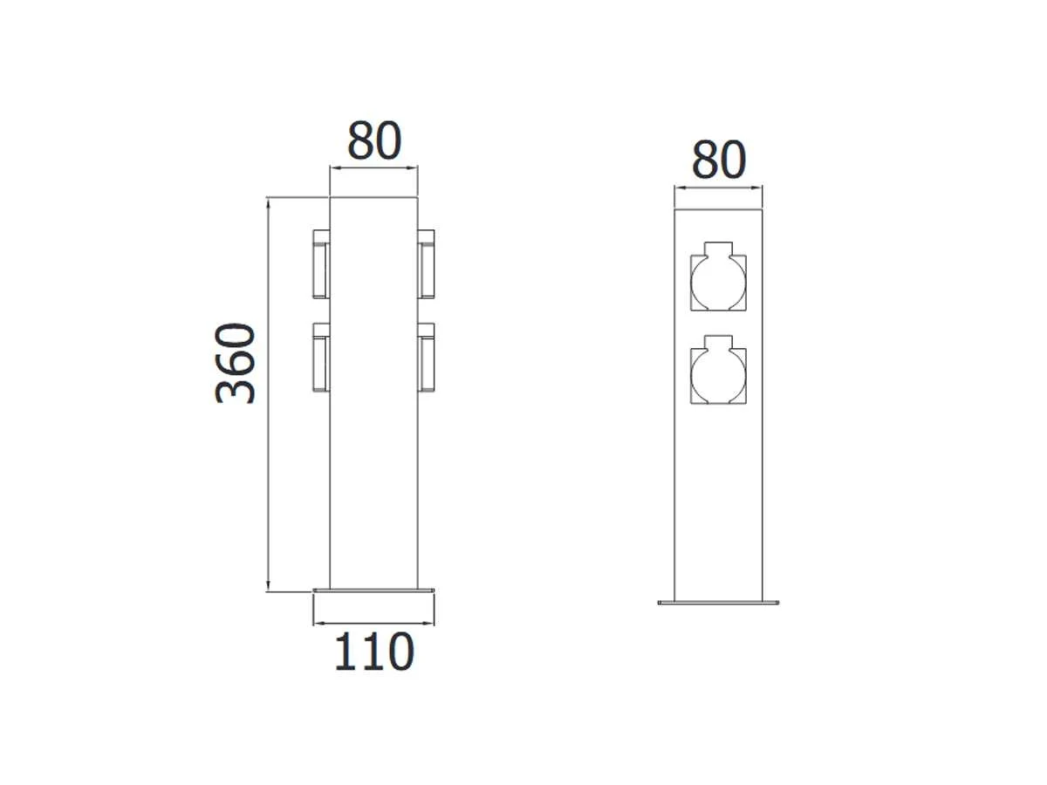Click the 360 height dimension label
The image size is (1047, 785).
[x=235, y=363]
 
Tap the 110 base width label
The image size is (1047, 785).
[x=374, y=652]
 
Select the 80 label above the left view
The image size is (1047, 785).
[x=374, y=140]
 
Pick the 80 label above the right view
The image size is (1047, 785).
[x=718, y=160]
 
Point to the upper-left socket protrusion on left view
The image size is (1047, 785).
[x=321, y=264]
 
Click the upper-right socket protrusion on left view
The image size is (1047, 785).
[x=426, y=264]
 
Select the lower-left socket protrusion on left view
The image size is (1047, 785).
[x=321, y=358]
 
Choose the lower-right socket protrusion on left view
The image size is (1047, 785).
[x=426, y=358]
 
